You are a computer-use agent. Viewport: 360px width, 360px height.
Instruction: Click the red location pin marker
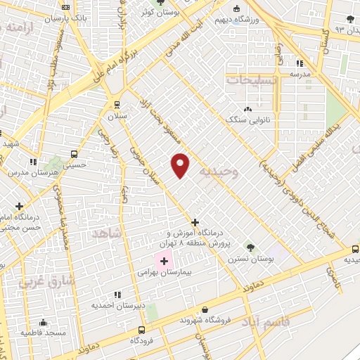pos(181,165)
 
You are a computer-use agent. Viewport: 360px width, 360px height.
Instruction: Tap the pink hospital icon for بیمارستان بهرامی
pos(165,261)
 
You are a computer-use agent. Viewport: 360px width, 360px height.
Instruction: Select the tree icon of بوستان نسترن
pos(250,247)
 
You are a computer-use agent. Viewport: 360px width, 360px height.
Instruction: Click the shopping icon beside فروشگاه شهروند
pos(205,309)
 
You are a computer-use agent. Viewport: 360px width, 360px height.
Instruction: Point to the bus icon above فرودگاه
pos(142,330)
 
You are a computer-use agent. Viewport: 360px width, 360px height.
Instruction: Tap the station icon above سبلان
pos(117,105)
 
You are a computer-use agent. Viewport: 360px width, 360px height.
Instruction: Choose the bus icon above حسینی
pos(75,154)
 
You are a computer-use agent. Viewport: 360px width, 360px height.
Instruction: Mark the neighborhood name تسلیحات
pos(252,80)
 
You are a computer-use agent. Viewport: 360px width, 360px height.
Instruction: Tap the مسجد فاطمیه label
pos(44,331)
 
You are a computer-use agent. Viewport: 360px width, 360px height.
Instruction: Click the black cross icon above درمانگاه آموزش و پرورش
pos(195,222)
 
